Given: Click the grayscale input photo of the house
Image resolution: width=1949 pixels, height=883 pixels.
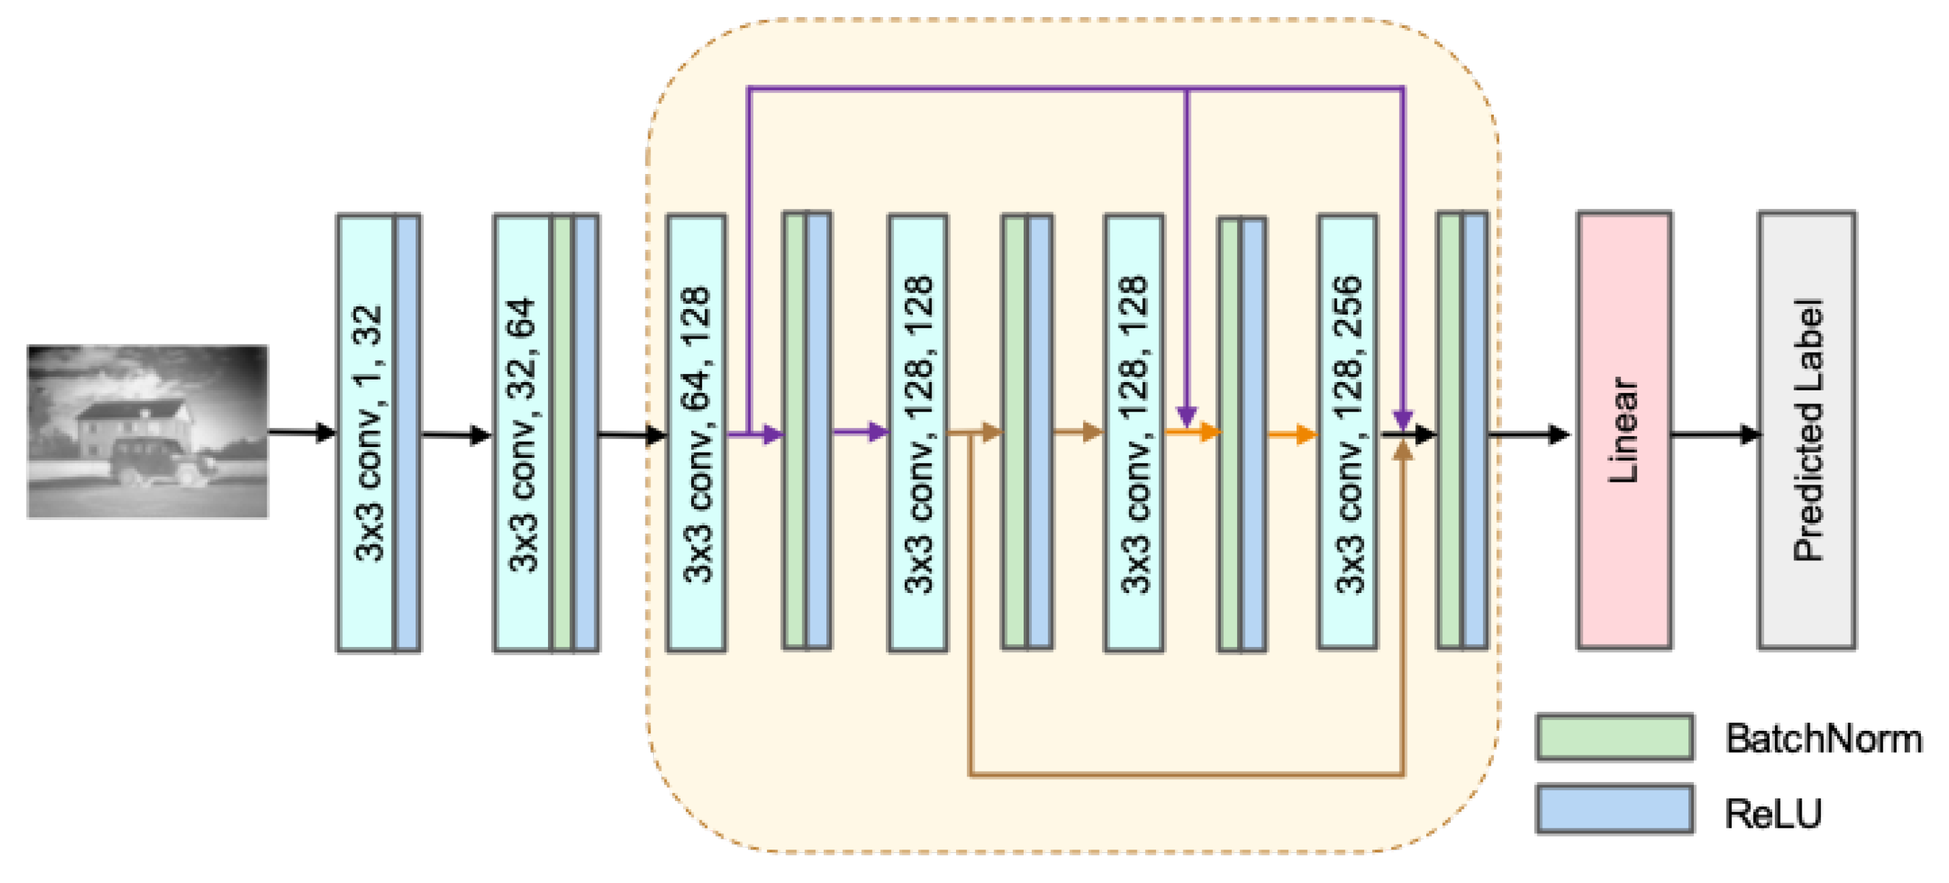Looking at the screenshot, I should point(147,431).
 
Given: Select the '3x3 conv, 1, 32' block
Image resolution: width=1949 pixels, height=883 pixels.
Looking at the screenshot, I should point(366,433).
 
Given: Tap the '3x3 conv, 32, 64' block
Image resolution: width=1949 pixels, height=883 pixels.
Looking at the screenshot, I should point(522,433).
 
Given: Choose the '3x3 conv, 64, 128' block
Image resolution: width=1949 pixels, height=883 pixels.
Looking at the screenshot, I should point(696,433).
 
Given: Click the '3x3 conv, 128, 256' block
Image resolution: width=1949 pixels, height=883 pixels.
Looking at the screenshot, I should point(1346,433).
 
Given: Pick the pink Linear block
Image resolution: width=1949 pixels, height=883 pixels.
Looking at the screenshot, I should point(1623,430).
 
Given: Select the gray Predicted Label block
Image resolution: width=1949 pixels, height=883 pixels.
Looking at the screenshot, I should point(1806,430).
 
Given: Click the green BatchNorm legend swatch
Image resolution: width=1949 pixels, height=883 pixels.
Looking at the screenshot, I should point(1614,736).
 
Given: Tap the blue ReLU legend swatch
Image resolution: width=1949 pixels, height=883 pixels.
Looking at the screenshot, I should point(1614,809).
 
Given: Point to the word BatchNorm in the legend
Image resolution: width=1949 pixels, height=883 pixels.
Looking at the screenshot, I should point(1822,738).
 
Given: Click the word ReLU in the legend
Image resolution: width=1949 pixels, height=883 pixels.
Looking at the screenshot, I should point(1772,813).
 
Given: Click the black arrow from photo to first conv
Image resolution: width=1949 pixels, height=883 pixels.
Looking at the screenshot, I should point(301,433).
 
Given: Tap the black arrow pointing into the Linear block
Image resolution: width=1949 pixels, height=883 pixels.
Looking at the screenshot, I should point(1529,434).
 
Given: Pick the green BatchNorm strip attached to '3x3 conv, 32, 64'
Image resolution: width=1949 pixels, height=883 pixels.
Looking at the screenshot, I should point(562,433).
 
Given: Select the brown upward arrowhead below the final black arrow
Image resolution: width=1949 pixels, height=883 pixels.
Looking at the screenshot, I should point(1403,452).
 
